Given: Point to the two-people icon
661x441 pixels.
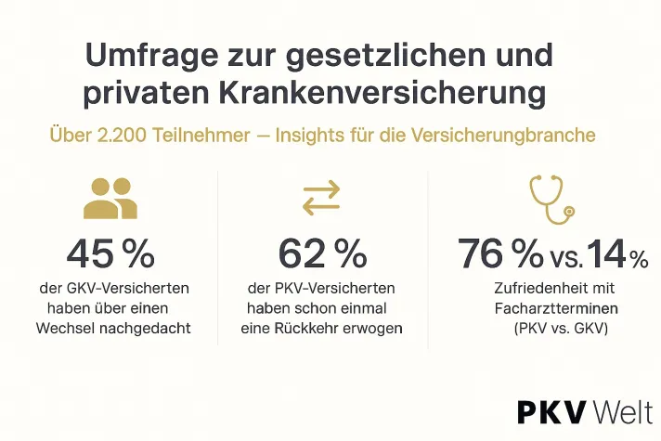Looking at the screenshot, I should [x=110, y=198].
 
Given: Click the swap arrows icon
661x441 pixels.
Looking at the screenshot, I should [x=322, y=198].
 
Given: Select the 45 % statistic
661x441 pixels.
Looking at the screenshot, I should [x=110, y=253].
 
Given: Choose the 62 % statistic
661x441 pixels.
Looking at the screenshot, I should [x=322, y=253].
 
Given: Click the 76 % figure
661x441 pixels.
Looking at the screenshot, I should [x=499, y=253].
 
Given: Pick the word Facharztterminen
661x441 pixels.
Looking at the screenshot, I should [x=549, y=308].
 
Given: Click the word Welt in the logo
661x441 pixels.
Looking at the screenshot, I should [x=621, y=411].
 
